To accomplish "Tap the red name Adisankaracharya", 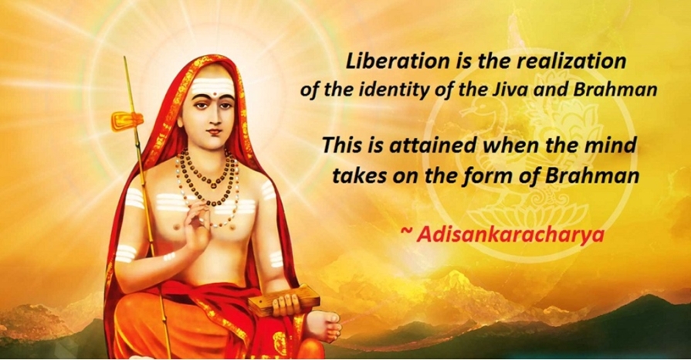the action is pyautogui.click(x=510, y=235).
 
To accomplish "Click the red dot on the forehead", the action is pyautogui.click(x=215, y=94).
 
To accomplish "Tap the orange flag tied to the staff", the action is pyautogui.click(x=127, y=121).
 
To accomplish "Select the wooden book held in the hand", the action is pyautogui.click(x=284, y=300).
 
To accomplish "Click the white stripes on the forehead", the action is pyautogui.click(x=212, y=86).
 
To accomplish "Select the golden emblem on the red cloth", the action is pyautogui.click(x=279, y=342).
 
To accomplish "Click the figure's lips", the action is pyautogui.click(x=214, y=131).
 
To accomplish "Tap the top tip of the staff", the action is pyautogui.click(x=124, y=57).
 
